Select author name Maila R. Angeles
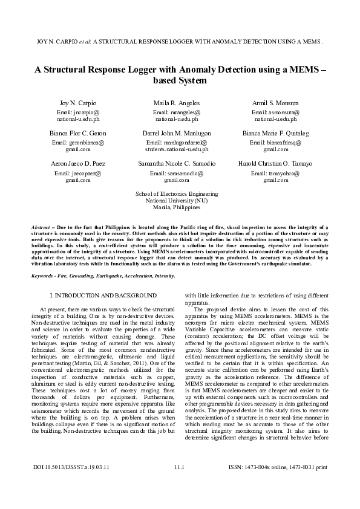[x=177, y=103]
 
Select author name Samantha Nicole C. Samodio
[x=177, y=164]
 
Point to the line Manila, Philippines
[x=177, y=207]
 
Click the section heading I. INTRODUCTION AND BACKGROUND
[x=103, y=295]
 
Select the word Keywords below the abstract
[x=44, y=275]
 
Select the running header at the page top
[x=180, y=44]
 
